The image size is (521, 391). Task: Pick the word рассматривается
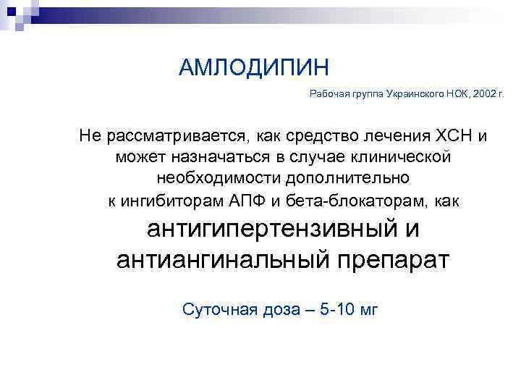(x=178, y=136)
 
